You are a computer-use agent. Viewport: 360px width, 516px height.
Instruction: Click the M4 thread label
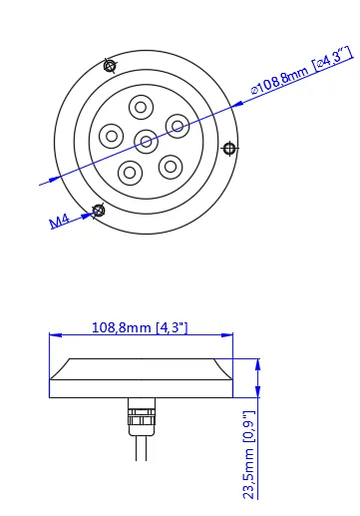click(60, 221)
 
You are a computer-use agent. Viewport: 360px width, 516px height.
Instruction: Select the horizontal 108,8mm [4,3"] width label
click(140, 327)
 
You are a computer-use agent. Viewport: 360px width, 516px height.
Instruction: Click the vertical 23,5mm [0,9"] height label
click(249, 454)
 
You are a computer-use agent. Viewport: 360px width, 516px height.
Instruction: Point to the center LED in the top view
click(146, 142)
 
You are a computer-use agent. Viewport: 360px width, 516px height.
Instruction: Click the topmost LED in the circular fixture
click(141, 107)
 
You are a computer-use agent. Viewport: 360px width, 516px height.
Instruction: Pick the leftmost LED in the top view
click(112, 136)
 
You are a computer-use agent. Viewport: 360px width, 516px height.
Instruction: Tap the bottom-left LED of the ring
click(130, 173)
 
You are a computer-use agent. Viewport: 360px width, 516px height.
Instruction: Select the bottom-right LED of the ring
click(171, 167)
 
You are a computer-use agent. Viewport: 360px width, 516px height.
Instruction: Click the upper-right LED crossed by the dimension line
click(178, 126)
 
